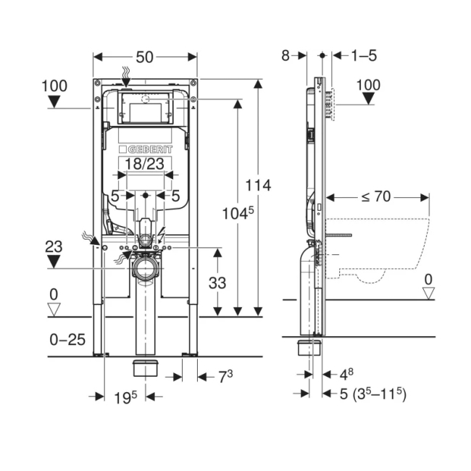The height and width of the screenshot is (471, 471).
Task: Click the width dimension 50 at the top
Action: click(145, 57)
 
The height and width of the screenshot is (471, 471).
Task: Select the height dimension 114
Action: click(257, 186)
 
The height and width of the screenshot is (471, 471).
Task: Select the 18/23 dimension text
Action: click(145, 164)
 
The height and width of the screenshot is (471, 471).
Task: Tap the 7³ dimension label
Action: click(225, 377)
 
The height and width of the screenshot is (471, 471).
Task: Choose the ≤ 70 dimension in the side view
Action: click(378, 196)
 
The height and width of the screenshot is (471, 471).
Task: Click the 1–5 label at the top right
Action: click(364, 56)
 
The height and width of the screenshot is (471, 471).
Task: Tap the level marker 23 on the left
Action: click(54, 246)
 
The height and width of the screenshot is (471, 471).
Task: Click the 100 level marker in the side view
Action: click(368, 86)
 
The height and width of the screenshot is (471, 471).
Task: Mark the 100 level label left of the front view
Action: click(54, 86)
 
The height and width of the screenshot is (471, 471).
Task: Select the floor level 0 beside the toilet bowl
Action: click(428, 279)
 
